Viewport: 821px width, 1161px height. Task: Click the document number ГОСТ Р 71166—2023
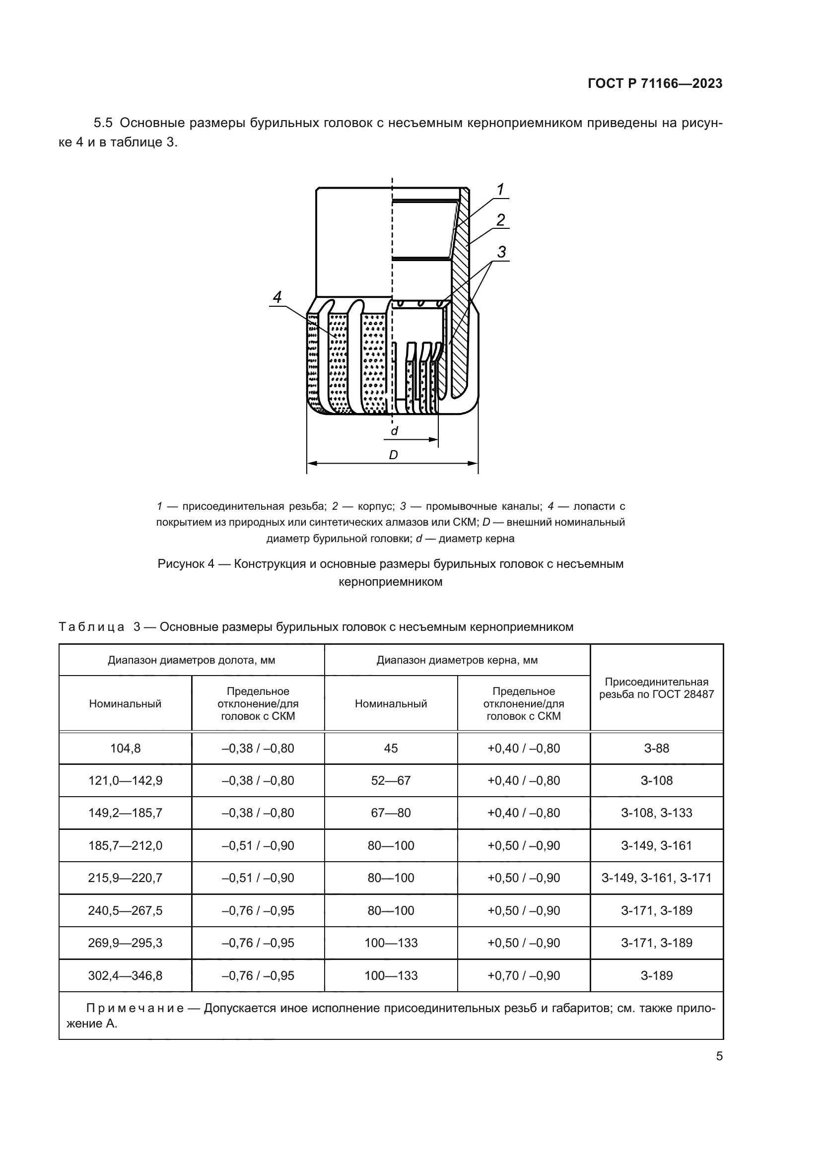pos(655,83)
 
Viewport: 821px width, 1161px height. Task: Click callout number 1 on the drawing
pos(500,190)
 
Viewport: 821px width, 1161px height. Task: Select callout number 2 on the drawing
pos(500,220)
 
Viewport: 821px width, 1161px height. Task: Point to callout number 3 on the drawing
pos(501,252)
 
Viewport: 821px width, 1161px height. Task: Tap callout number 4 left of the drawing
pos(277,297)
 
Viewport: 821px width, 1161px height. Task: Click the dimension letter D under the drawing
pos(393,455)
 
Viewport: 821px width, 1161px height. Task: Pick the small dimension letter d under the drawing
pos(394,431)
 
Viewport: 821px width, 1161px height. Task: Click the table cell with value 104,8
pos(126,749)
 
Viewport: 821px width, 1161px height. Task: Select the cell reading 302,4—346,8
pos(126,975)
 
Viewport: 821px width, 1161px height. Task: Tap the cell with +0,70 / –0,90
pos(523,975)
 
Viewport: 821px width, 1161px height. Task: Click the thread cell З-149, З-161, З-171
pos(656,878)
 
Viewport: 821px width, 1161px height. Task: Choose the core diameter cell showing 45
pos(391,749)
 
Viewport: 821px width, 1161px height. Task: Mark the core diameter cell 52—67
pos(391,781)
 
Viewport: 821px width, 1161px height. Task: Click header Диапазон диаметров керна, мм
pos(457,660)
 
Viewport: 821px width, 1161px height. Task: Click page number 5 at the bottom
pos(719,1056)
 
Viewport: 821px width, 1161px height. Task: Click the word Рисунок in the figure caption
pos(179,564)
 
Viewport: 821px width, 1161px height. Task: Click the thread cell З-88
pos(656,749)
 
